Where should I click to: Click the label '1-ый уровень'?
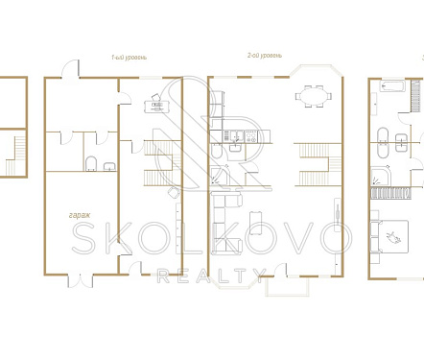tap(129, 58)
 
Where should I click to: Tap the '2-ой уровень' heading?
tap(265, 56)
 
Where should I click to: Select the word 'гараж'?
tap(80, 215)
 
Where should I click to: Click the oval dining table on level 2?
tap(314, 96)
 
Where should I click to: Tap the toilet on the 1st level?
tap(91, 163)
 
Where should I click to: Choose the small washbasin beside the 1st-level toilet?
tap(109, 166)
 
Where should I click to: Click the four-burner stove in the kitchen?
tap(250, 136)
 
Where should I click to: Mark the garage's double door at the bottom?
tap(81, 281)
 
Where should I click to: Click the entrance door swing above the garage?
tap(70, 68)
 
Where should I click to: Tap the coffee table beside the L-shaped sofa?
tap(256, 223)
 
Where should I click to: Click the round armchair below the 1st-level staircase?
tap(174, 193)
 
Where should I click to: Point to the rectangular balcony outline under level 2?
tap(288, 287)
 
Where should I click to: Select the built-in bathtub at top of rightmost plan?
tap(392, 86)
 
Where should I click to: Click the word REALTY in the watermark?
tap(211, 276)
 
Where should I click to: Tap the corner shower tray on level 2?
tap(220, 176)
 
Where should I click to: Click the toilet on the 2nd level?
tap(216, 152)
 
